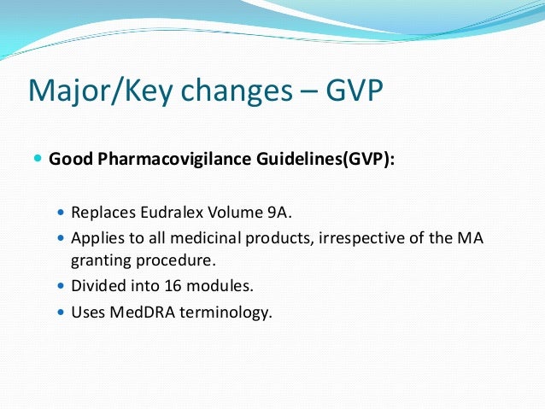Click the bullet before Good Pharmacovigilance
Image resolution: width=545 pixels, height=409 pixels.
coord(38,160)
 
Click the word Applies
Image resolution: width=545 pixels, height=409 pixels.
coord(96,237)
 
